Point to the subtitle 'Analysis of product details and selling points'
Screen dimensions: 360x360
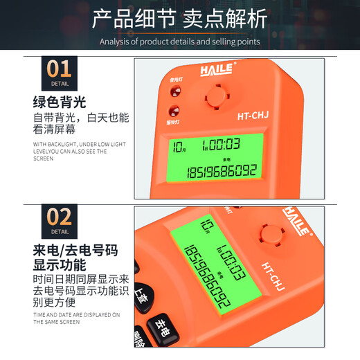[179, 42]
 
